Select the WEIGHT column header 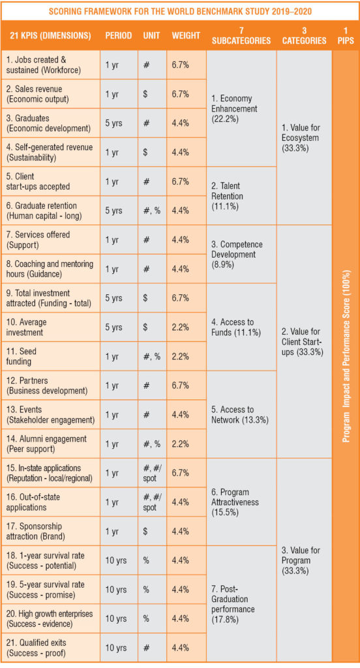coord(186,35)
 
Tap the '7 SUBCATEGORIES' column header coord(241,36)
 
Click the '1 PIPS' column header coord(345,36)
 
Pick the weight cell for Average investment coord(180,327)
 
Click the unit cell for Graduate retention coord(152,211)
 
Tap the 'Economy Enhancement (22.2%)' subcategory coord(234,109)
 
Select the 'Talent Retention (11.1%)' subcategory coord(227,196)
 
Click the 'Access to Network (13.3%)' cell coord(240,414)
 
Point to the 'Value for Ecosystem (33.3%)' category coord(301,138)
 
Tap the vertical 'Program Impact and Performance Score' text coord(346,356)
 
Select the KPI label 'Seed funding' coord(22,356)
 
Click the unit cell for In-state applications coord(153,473)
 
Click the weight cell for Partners coord(180,385)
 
